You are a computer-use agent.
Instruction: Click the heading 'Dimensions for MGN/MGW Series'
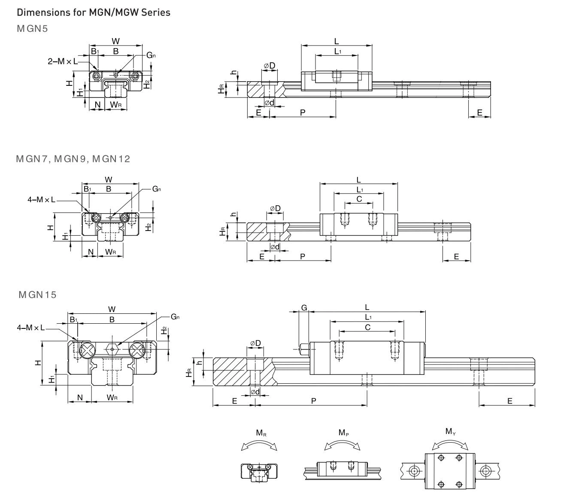click(x=93, y=12)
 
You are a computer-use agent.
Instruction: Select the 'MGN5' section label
click(x=32, y=29)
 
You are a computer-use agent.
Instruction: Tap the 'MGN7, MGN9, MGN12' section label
click(x=73, y=159)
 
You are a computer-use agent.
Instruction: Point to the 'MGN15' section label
click(x=37, y=295)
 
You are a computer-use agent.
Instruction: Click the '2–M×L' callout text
click(x=63, y=61)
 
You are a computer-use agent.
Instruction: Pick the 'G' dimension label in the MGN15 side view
click(x=304, y=307)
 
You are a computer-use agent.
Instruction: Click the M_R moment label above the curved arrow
click(x=260, y=433)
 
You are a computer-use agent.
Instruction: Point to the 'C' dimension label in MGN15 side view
click(x=367, y=327)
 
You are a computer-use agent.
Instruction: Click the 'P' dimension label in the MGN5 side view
click(x=303, y=112)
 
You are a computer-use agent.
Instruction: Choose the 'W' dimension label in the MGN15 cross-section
click(x=112, y=309)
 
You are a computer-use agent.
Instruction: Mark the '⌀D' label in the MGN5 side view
click(x=269, y=66)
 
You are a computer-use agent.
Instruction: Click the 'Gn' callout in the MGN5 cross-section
click(x=151, y=55)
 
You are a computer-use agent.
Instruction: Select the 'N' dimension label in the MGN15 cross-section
click(x=80, y=398)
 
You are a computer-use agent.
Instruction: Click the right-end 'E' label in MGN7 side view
click(x=456, y=256)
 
